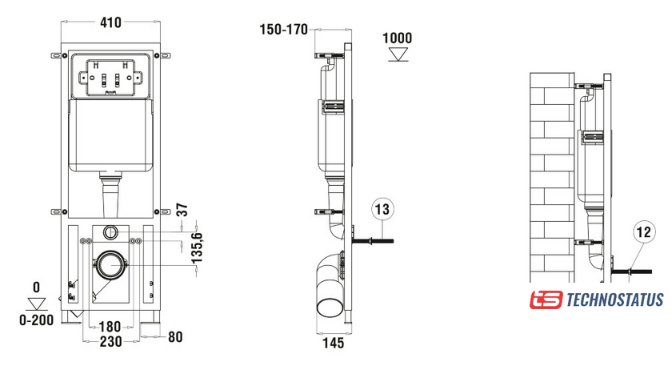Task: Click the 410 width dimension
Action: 110,22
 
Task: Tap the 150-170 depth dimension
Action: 284,30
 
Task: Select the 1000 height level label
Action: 398,38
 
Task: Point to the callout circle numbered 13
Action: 382,209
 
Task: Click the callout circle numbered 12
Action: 644,231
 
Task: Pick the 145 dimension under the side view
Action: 334,343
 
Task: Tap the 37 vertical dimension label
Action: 182,210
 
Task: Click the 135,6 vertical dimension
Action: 197,248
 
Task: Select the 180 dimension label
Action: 110,327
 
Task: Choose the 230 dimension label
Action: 110,342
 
